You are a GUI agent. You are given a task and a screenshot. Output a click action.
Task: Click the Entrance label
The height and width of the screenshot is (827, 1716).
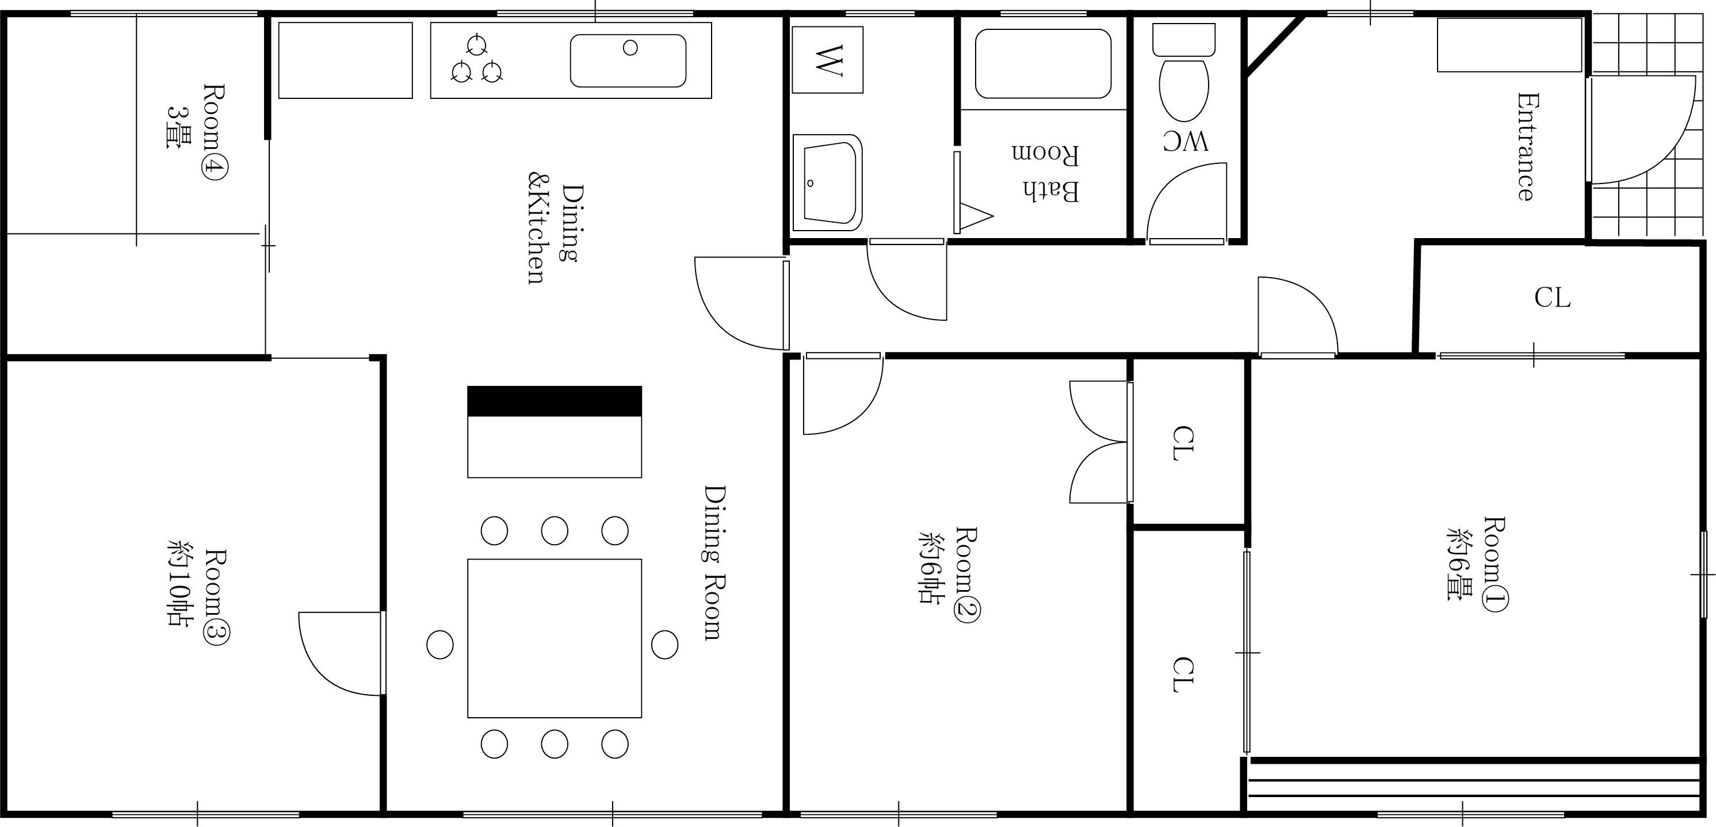tap(1527, 147)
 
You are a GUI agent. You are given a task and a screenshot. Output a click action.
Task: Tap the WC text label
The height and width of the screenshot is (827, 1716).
tap(1185, 141)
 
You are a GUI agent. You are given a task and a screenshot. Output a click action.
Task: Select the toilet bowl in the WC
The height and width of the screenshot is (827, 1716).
tap(1184, 90)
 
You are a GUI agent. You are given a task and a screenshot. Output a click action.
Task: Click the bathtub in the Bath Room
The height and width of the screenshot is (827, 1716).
tap(1043, 63)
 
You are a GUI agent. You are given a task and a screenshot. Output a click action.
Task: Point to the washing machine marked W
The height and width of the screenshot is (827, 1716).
tap(827, 60)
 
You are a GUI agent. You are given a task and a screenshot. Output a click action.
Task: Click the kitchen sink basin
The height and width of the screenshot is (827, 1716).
tap(628, 60)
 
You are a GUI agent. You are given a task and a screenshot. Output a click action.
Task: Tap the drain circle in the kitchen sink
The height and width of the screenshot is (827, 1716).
tap(630, 47)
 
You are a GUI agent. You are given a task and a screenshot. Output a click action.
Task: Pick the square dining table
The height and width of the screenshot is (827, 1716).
tap(554, 638)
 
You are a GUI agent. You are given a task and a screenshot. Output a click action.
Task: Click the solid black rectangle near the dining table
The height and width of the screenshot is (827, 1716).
tap(554, 401)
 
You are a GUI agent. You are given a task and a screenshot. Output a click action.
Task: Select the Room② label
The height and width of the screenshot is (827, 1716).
tap(949, 574)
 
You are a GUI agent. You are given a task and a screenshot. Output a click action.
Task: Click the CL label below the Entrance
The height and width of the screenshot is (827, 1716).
tap(1552, 298)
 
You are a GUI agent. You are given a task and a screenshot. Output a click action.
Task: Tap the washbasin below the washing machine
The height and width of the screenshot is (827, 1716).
tap(827, 182)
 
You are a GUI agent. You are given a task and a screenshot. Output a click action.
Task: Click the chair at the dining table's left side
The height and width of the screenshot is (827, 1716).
tap(439, 645)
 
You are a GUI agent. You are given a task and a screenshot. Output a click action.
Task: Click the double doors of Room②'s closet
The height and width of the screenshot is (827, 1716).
tap(1099, 442)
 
